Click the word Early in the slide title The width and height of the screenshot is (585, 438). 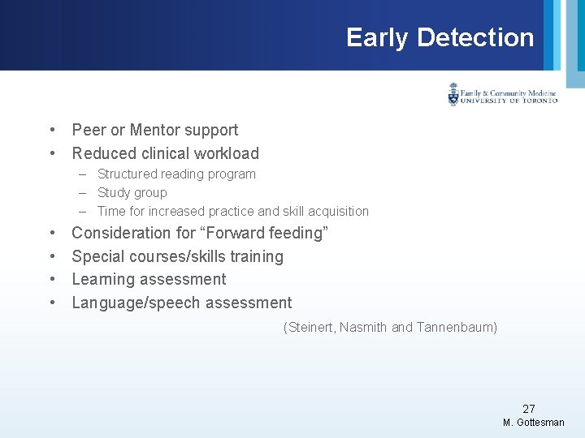[x=377, y=37]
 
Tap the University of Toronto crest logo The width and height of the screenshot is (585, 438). [x=453, y=95]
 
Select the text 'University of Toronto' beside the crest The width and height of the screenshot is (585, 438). [x=509, y=101]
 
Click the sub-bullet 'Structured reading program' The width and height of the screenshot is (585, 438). [x=176, y=174]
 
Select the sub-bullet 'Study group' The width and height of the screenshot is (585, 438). [x=132, y=192]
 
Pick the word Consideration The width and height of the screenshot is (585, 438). [x=123, y=233]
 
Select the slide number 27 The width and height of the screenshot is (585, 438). [x=529, y=409]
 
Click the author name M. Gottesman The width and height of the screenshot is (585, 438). [x=533, y=423]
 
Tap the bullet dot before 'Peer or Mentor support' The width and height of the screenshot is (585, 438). [x=51, y=130]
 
